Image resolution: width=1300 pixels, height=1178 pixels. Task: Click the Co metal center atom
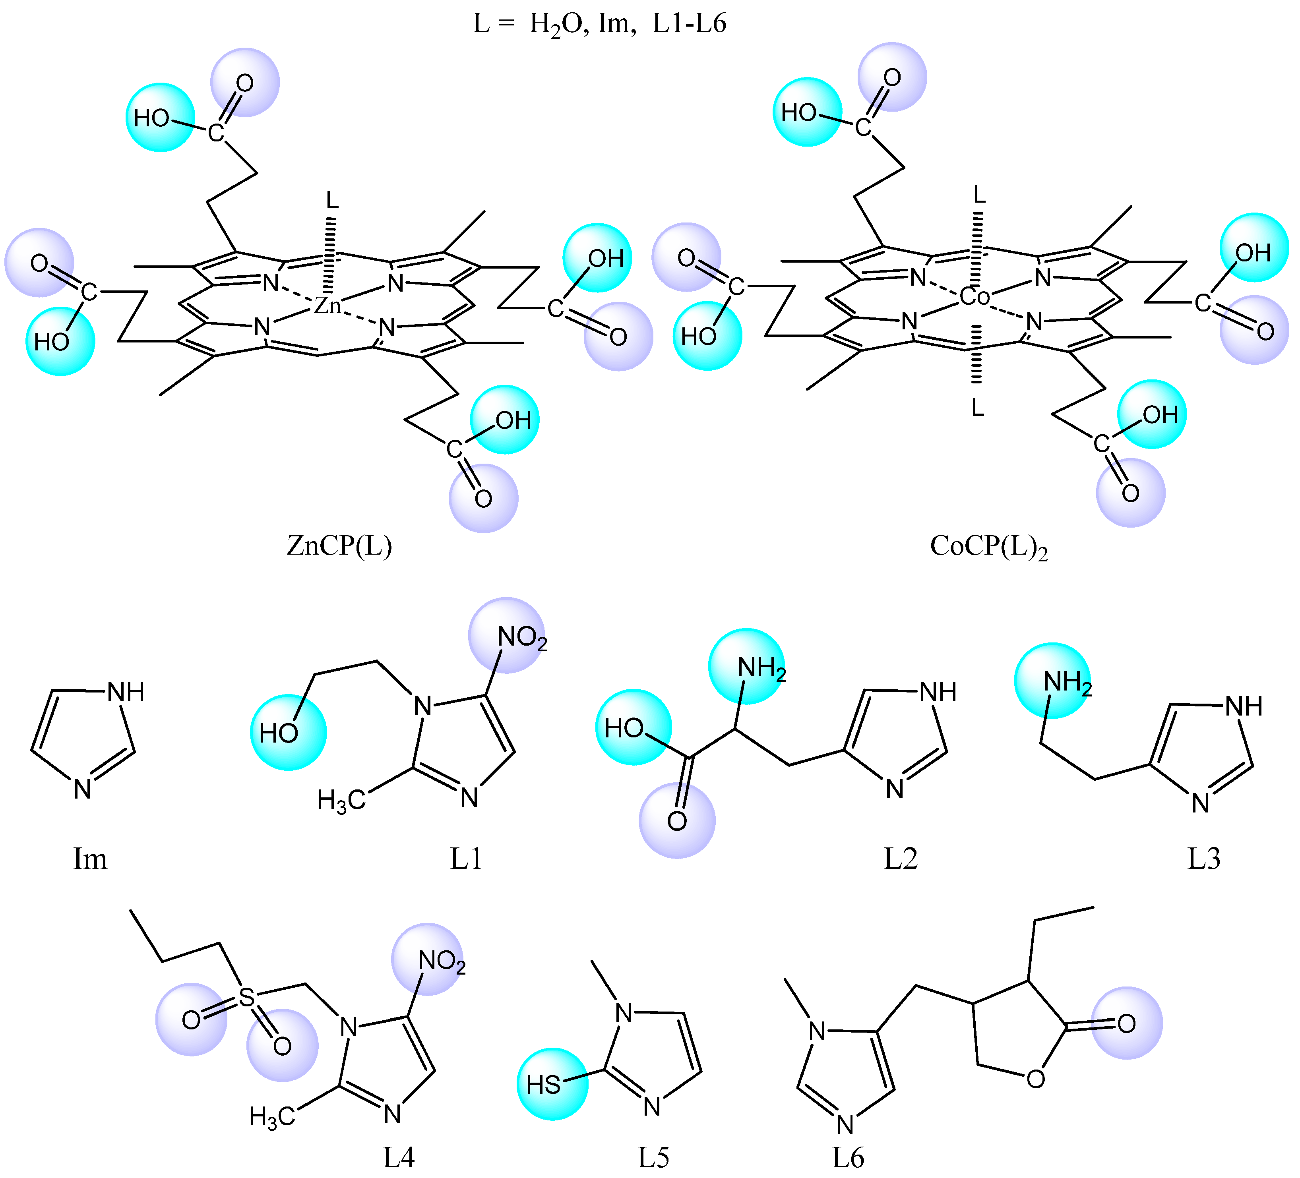point(975,297)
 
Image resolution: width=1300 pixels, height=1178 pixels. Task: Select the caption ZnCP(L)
point(339,546)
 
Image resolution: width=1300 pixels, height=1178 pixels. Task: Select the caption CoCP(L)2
point(988,547)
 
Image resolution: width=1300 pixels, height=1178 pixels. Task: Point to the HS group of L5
point(544,1085)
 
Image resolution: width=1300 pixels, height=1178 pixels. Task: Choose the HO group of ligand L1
point(279,733)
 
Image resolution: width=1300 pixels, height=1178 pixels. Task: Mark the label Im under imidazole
point(90,859)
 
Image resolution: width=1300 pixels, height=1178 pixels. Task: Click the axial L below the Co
point(978,408)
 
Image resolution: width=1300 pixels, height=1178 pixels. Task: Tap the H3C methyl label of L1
point(341,801)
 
